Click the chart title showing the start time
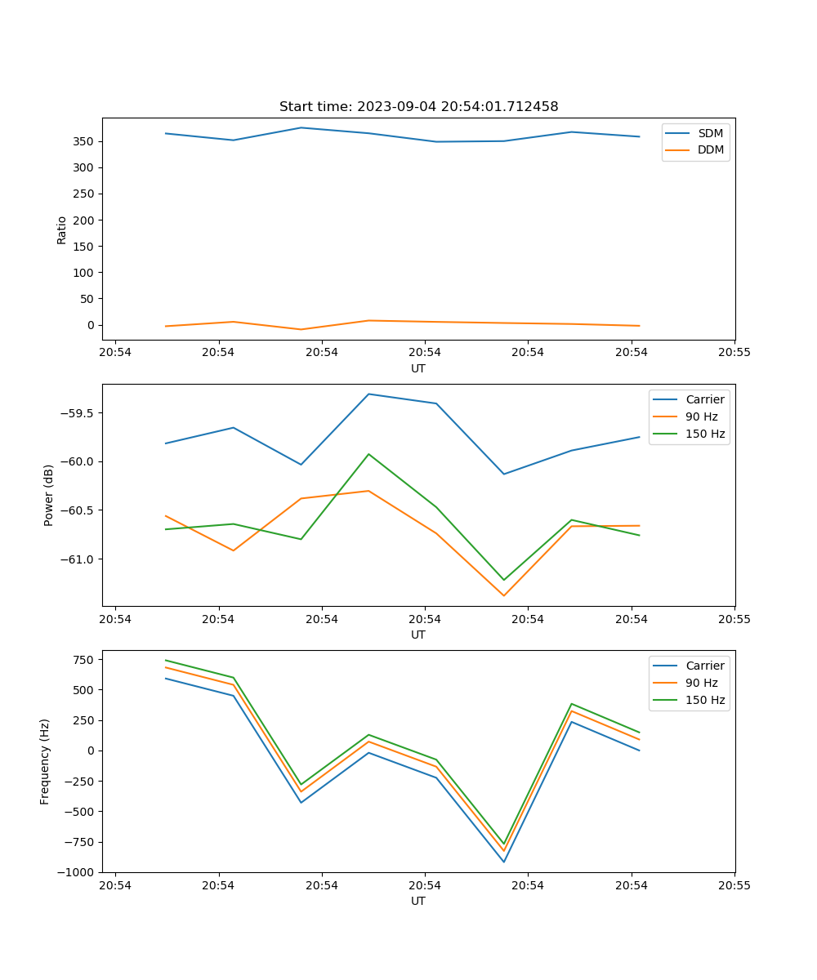[418, 107]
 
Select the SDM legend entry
[710, 133]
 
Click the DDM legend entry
[711, 149]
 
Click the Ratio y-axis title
[62, 229]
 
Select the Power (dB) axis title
[49, 495]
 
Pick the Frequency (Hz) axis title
[45, 761]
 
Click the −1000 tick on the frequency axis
[78, 872]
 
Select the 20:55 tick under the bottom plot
[734, 885]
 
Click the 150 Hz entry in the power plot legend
[705, 434]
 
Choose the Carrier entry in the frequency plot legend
[704, 666]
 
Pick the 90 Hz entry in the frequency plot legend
[701, 683]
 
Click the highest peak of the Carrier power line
[368, 394]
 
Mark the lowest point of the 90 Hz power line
[503, 595]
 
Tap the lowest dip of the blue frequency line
[503, 862]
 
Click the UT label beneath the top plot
[418, 368]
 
